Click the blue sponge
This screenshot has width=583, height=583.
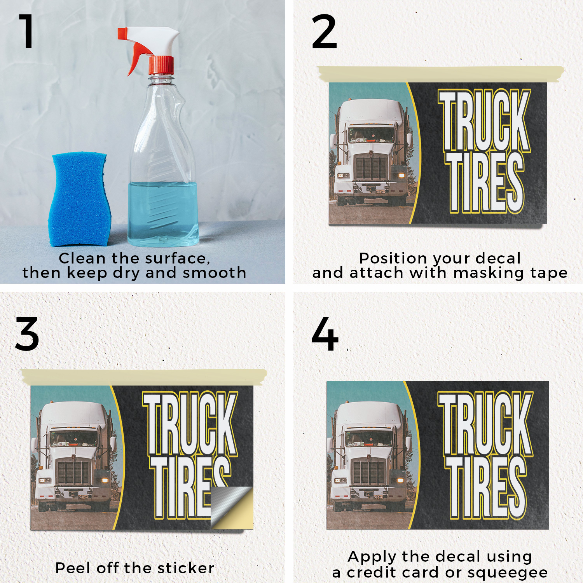(79, 199)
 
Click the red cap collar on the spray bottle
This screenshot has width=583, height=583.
(161, 65)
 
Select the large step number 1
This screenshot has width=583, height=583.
(26, 31)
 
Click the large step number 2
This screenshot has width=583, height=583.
(324, 31)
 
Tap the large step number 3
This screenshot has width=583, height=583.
(27, 333)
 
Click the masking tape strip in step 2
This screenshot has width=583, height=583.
(441, 74)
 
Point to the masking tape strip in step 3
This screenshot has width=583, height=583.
(144, 377)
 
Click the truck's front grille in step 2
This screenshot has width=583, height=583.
(371, 167)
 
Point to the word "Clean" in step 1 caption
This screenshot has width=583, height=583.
(82, 258)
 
